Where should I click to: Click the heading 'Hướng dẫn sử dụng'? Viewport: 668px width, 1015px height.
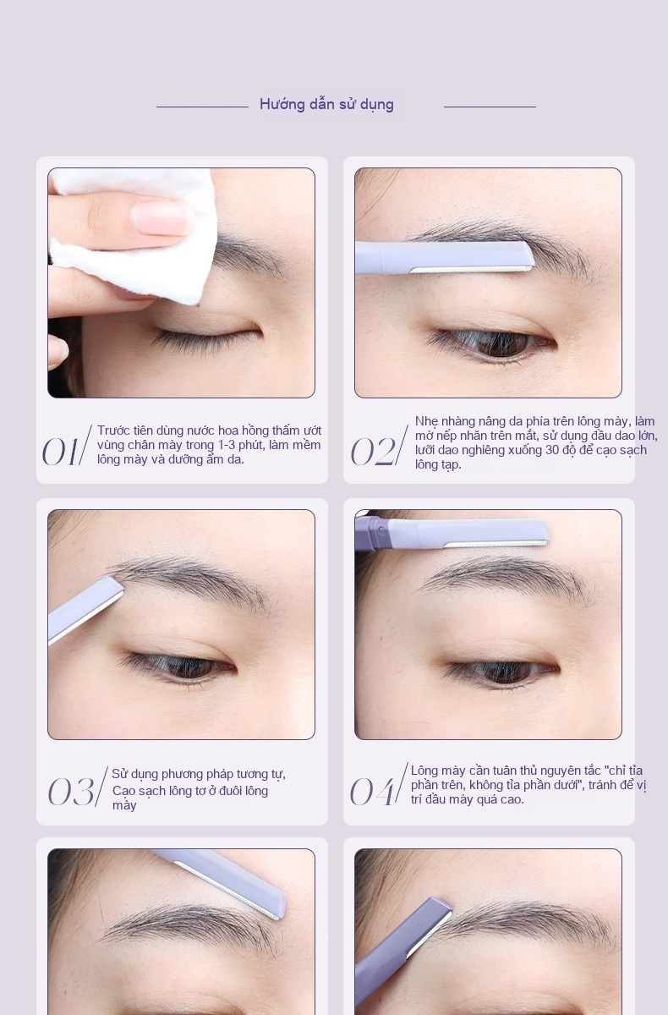[326, 105]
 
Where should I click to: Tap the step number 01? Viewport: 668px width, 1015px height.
[60, 452]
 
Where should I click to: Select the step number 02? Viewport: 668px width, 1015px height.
[373, 452]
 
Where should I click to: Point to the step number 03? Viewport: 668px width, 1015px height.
[71, 791]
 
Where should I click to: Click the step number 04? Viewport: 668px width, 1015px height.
[371, 791]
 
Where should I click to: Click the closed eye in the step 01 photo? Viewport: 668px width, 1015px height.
[206, 333]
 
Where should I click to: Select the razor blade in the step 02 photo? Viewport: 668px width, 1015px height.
[471, 270]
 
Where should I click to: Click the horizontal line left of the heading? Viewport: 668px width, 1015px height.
[202, 107]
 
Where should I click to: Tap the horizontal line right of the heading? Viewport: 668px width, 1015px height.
[490, 107]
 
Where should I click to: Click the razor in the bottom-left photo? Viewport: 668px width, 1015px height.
[221, 884]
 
